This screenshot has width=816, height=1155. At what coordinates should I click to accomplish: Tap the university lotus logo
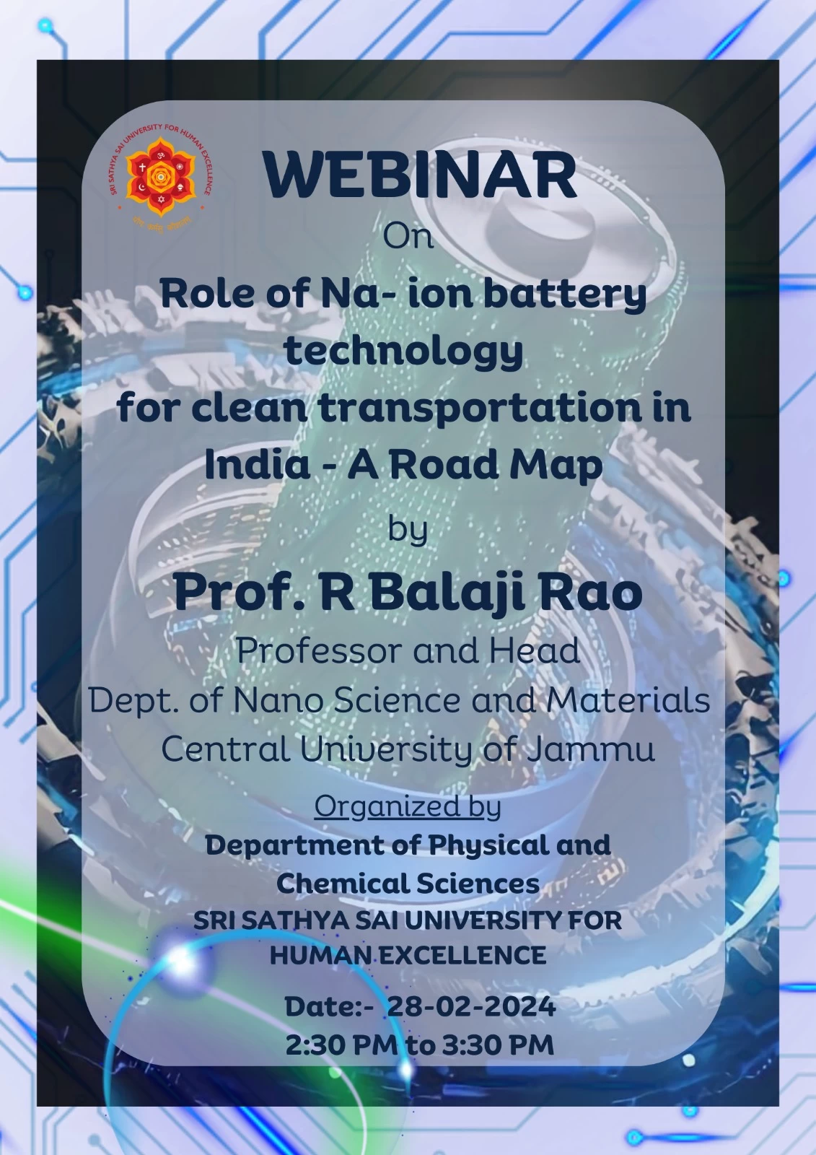tap(161, 178)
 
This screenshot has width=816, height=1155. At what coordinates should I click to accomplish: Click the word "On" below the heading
tap(408, 237)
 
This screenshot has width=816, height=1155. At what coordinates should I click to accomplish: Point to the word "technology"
tap(404, 352)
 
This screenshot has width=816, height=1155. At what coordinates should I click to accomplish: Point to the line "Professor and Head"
tap(408, 650)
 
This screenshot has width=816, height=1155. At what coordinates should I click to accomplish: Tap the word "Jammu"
tap(590, 749)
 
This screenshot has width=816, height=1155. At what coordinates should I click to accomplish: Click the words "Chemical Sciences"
tap(408, 884)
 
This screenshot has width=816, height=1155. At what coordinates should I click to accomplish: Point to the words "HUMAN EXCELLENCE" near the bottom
tap(408, 955)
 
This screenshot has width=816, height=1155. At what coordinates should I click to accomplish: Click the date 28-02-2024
tap(471, 1006)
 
